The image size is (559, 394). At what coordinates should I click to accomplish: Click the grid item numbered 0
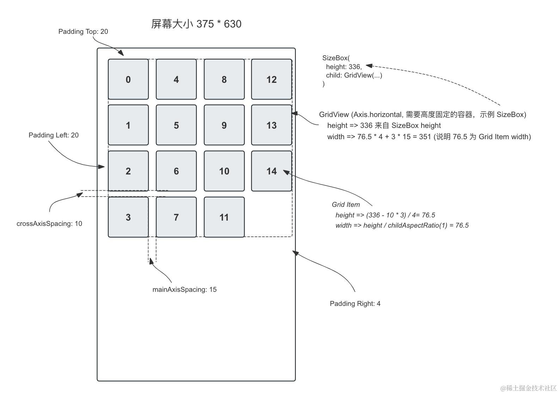(128, 79)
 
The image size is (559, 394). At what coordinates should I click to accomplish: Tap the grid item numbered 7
(176, 217)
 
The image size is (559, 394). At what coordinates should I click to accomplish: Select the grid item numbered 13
(271, 125)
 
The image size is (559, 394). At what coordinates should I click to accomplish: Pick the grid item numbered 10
(224, 171)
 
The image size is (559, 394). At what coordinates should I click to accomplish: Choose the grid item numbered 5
(176, 125)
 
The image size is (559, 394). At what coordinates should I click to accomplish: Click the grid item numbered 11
(224, 217)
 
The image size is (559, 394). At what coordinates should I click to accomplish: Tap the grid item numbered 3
(128, 217)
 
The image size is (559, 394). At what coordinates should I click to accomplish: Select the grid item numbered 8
(224, 79)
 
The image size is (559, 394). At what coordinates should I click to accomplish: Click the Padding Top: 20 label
(83, 32)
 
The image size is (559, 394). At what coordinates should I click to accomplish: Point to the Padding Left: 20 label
(54, 135)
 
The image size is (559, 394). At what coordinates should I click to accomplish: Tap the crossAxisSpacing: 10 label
(49, 224)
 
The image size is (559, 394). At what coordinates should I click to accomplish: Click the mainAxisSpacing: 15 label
(184, 290)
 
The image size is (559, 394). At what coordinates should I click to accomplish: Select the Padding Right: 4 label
(355, 304)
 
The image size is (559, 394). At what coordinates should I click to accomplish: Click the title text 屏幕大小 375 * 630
(196, 24)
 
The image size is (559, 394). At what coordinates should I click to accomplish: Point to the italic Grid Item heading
(346, 205)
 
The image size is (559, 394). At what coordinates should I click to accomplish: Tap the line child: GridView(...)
(354, 75)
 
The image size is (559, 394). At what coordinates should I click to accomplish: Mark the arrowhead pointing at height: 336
(369, 66)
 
